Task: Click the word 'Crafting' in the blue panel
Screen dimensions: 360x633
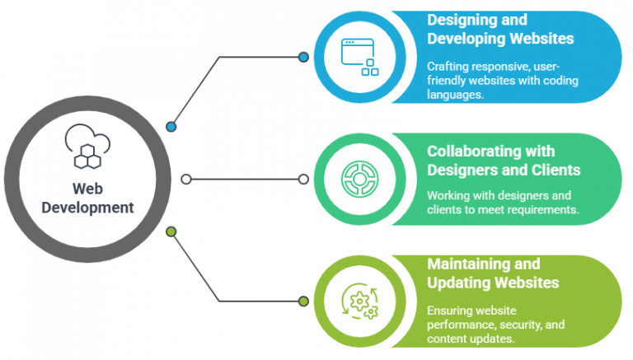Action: [448, 67]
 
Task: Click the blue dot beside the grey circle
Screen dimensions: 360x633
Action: [171, 127]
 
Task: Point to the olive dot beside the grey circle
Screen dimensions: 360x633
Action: [171, 231]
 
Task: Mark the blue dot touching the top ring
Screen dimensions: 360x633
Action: [304, 58]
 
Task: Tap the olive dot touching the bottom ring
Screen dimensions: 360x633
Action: [304, 301]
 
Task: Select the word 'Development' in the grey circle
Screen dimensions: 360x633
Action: [87, 208]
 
